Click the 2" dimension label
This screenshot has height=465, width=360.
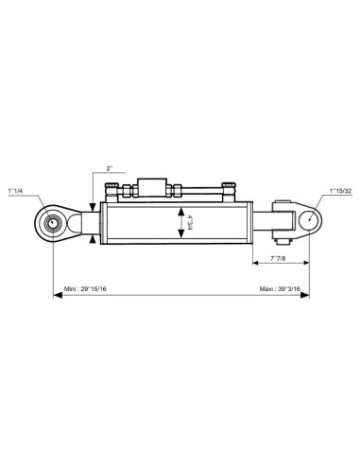(x=110, y=168)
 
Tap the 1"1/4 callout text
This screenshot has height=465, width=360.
(x=15, y=191)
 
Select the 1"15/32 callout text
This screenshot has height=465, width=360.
(x=340, y=191)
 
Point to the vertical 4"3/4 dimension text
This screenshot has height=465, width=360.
(x=190, y=222)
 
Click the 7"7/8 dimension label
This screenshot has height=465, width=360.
(x=278, y=258)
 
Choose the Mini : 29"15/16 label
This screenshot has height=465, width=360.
(x=85, y=289)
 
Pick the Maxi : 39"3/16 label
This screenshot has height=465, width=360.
(x=280, y=289)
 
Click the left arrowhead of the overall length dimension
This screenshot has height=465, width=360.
(x=57, y=295)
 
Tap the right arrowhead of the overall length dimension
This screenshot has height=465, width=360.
(x=305, y=295)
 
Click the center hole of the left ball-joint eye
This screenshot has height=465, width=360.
(x=53, y=223)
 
